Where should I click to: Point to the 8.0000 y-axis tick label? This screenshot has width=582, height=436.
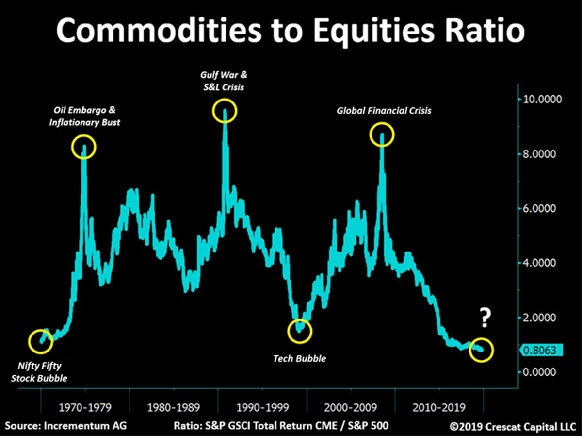tap(542, 154)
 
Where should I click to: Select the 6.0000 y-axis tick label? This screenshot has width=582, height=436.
tap(542, 209)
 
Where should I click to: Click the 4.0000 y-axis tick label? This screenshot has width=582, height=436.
tap(542, 263)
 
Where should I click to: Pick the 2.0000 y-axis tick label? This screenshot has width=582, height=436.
tap(542, 318)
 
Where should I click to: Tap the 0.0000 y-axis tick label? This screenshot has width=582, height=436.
tap(542, 372)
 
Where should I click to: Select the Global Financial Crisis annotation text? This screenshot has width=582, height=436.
tap(384, 111)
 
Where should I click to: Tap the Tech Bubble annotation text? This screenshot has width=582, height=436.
tap(299, 359)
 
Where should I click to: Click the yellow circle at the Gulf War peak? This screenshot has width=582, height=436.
tap(225, 112)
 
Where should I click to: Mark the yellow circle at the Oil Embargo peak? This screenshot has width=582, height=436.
tap(84, 146)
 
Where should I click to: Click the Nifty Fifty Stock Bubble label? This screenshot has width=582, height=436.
tap(39, 371)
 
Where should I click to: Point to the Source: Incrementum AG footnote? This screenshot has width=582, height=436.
tap(66, 426)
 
